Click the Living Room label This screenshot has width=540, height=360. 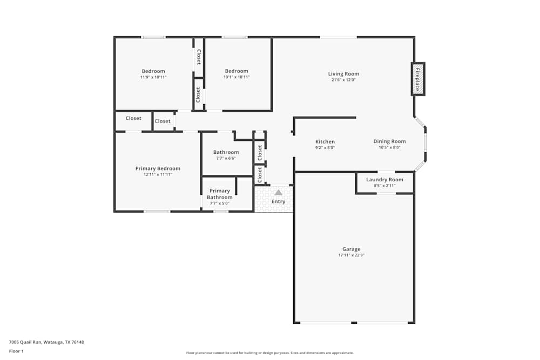click(x=343, y=74)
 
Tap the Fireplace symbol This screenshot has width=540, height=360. click(x=418, y=79)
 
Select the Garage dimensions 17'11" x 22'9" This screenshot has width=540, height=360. click(x=351, y=255)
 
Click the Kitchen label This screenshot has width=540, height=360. click(x=325, y=141)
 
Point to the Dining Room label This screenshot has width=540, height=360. click(x=389, y=141)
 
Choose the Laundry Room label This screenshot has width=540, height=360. click(x=384, y=179)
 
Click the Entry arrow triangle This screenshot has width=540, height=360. click(x=278, y=192)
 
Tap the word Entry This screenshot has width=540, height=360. click(x=278, y=202)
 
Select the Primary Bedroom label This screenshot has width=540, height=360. click(x=158, y=168)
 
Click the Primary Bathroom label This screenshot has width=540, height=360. click(x=220, y=194)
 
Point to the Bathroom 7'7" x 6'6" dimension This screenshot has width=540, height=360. click(x=226, y=158)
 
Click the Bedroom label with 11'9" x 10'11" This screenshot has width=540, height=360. click(x=153, y=71)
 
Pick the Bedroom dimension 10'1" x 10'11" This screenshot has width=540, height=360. click(x=237, y=77)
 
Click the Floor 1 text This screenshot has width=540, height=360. click(x=16, y=351)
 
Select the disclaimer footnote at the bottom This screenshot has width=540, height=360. click(x=270, y=353)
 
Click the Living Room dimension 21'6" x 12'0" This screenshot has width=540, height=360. click(x=343, y=80)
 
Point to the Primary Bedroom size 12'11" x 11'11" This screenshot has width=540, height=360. click(x=158, y=174)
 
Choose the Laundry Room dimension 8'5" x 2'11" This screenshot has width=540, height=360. click(x=384, y=185)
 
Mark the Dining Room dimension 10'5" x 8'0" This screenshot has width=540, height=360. click(x=389, y=147)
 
